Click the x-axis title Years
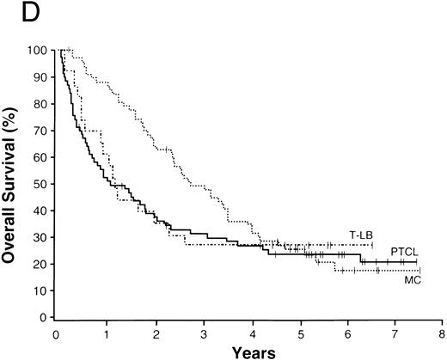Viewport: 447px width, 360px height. pos(248,351)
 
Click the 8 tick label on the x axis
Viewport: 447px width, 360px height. pos(442,331)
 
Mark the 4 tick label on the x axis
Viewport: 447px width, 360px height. pos(248,331)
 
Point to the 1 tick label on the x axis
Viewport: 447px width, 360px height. pos(104,331)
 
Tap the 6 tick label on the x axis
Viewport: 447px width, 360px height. pos(346,331)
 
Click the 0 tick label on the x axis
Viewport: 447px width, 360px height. pos(56,331)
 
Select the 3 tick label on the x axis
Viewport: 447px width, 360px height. pos(200,331)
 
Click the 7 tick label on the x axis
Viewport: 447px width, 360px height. pos(394,331)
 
